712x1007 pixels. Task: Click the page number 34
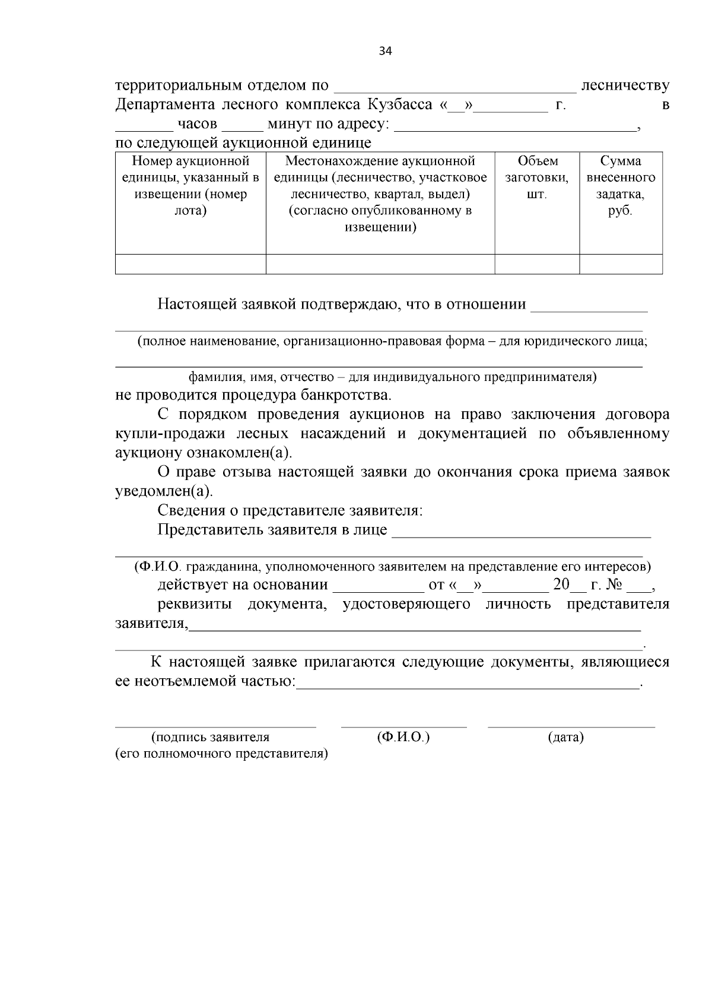[385, 51]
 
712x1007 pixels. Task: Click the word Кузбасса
[399, 105]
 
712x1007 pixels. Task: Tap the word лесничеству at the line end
[625, 85]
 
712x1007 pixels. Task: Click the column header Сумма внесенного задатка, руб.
[621, 186]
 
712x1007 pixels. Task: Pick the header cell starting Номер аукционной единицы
[190, 186]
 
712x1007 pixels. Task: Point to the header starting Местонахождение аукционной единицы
[380, 194]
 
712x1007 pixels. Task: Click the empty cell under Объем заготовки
[536, 264]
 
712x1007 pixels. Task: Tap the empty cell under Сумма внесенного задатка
[621, 264]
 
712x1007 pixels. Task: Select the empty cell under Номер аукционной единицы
[190, 264]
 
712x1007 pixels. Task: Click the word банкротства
[351, 395]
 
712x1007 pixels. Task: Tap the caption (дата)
[565, 738]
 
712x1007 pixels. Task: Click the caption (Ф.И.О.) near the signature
[403, 738]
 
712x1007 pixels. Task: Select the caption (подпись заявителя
[211, 738]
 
